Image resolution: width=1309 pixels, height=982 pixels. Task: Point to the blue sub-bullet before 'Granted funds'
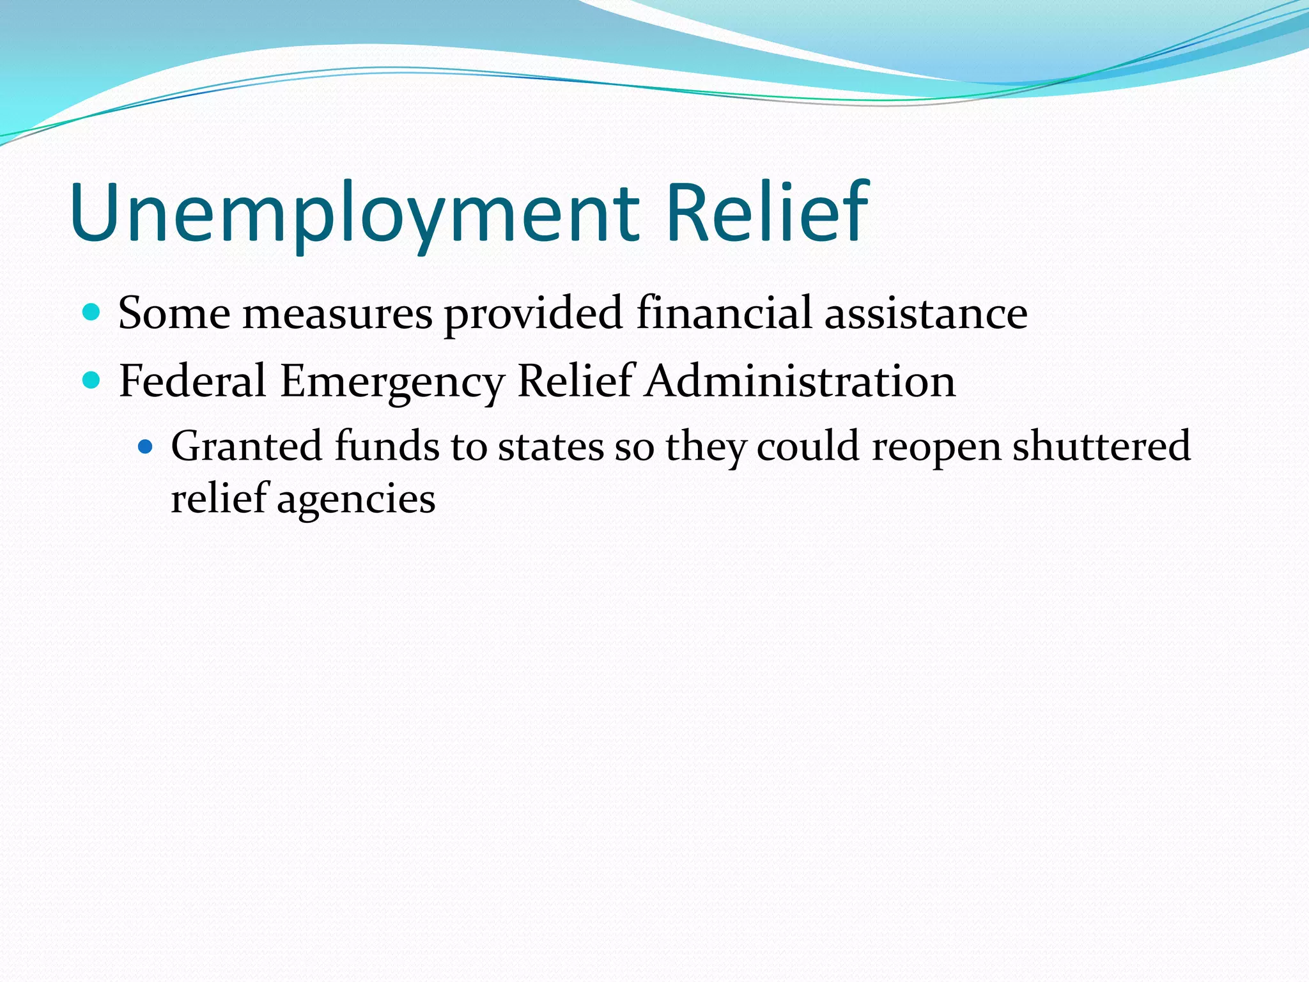tap(146, 446)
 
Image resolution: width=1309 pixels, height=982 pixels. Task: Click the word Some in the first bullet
tap(174, 313)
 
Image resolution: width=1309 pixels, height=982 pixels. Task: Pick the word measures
tap(337, 313)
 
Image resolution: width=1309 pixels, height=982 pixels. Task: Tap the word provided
tap(534, 313)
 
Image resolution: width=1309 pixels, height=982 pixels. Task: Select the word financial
tap(724, 313)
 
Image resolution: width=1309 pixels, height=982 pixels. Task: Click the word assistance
tap(926, 313)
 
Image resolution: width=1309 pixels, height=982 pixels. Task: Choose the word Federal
tap(192, 381)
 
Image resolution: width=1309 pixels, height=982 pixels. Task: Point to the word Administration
tap(800, 381)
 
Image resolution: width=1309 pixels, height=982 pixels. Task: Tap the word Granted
tap(246, 446)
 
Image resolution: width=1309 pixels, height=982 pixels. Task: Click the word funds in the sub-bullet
tap(387, 446)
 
